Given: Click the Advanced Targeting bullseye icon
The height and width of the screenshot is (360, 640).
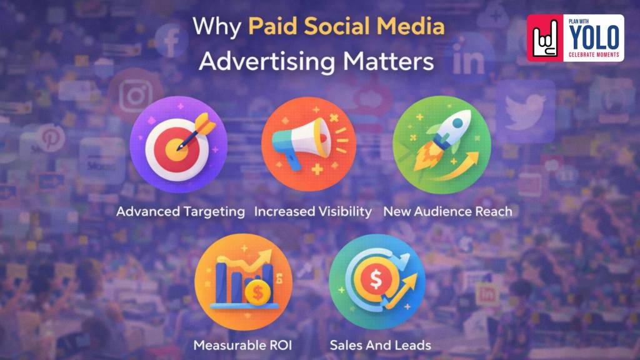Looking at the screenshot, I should pyautogui.click(x=178, y=145).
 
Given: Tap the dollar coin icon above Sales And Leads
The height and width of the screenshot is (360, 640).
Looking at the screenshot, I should pyautogui.click(x=376, y=281).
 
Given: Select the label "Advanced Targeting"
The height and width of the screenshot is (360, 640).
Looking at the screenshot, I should pyautogui.click(x=180, y=211).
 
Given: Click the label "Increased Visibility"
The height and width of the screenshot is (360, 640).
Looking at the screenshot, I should pyautogui.click(x=313, y=211).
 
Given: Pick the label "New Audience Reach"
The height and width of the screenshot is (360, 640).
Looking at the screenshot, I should pyautogui.click(x=447, y=211).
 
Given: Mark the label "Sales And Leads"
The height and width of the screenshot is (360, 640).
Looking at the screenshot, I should pyautogui.click(x=380, y=345).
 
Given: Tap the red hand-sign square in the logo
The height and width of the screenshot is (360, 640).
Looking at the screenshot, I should pyautogui.click(x=546, y=38).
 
